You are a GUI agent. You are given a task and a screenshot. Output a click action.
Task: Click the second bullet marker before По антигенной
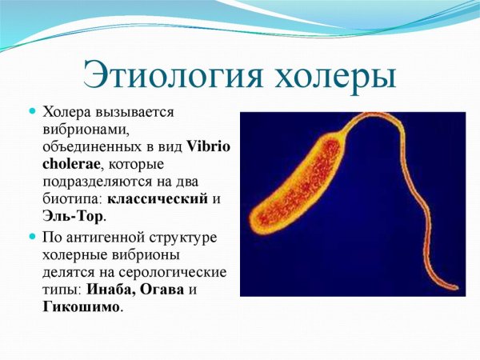pyautogui.click(x=33, y=238)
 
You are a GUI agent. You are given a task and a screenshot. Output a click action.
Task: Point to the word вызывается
pyautogui.click(x=136, y=112)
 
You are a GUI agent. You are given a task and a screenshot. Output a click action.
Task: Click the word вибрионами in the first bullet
pyautogui.click(x=82, y=130)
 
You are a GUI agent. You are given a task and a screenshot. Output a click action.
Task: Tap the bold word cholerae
pyautogui.click(x=70, y=164)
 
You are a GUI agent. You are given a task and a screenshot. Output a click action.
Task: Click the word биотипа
pyautogui.click(x=73, y=199)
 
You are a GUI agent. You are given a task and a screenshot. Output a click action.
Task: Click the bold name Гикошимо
pyautogui.click(x=82, y=308)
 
